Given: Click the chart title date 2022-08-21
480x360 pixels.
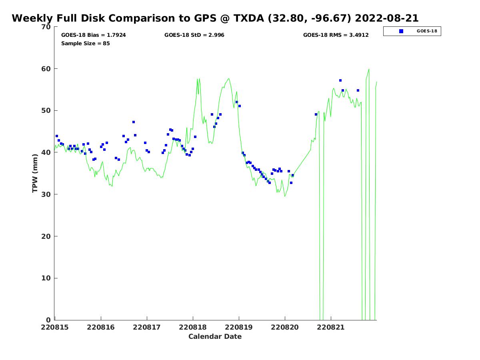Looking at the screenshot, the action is point(386,18).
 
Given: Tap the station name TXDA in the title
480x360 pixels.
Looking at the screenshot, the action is point(249,18).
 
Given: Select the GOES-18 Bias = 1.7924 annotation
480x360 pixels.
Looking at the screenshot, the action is point(93,35).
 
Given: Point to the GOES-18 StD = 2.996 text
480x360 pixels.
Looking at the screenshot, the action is point(194,35).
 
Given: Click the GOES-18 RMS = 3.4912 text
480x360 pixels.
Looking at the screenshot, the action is point(336,35).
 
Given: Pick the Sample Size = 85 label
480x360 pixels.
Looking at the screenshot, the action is point(86,43).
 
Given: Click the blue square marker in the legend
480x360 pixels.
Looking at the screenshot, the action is point(401,31).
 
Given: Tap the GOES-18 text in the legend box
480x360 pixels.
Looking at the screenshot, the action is point(427,31).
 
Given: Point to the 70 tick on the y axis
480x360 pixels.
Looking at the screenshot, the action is point(46,27).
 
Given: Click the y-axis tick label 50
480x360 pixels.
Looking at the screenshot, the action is point(46,111).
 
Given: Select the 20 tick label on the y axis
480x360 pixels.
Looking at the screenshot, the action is point(46,236).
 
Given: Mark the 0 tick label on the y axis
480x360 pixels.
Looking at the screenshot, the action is point(48,320).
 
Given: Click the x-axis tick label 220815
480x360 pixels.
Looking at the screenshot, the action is point(55,328).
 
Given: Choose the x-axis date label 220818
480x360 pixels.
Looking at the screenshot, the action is point(193,328).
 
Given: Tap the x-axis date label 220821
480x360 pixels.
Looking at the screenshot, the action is point(331,328).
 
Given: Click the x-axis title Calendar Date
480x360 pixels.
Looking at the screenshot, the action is point(215,337).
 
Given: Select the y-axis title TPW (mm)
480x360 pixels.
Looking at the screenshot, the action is point(35,173).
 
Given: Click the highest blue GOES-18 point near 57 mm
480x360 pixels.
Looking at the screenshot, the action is point(340,80).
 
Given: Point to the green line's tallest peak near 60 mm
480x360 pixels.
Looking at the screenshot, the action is point(369,69).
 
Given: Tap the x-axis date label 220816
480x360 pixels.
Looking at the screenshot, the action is point(100,328).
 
